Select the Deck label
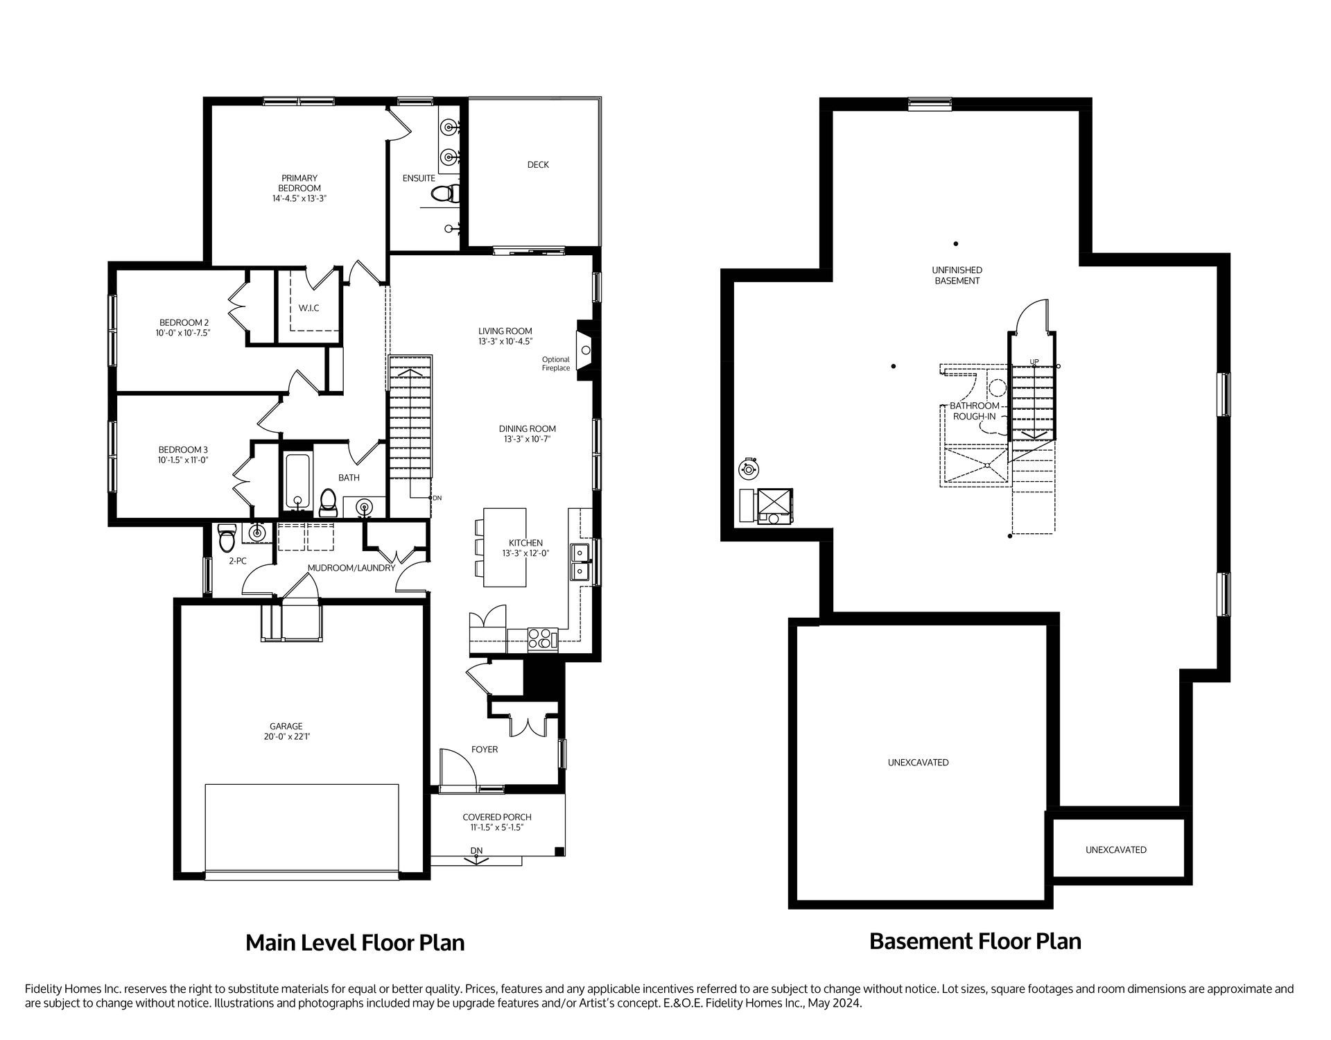click(x=538, y=165)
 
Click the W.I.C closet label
click(x=309, y=308)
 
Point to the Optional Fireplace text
click(x=556, y=364)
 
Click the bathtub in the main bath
click(x=298, y=481)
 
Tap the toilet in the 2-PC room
click(x=227, y=535)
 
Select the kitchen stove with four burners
click(x=543, y=638)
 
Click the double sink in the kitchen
click(x=580, y=562)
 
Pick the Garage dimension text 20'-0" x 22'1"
click(x=286, y=737)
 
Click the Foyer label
click(x=485, y=749)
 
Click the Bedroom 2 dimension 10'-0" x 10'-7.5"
click(x=183, y=333)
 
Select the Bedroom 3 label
click(x=183, y=450)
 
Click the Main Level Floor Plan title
click(x=355, y=943)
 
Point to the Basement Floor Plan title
click(x=975, y=942)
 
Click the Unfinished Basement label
click(x=957, y=275)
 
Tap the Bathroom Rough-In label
click(x=974, y=411)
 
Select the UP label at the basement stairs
click(x=1034, y=361)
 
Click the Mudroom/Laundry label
click(x=351, y=568)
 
